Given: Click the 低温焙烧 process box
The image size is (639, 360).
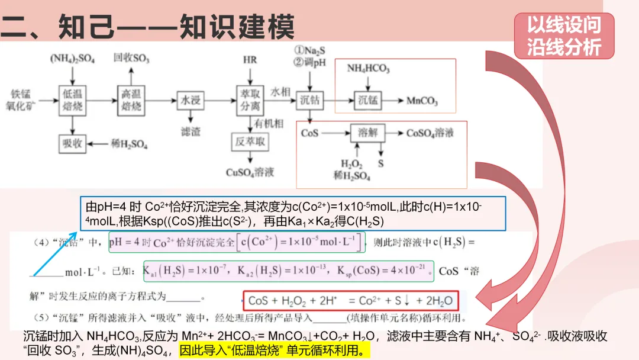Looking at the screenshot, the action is [72, 100].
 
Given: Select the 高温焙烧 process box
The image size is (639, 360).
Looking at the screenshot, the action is [131, 100].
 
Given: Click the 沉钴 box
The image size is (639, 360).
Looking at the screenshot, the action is [309, 100].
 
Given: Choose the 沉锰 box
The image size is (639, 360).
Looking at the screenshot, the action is [368, 101].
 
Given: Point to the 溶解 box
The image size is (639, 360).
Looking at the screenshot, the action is [367, 133].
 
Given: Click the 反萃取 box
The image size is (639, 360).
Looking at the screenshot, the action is [249, 143].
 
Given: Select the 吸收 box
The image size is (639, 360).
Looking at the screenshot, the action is [72, 144].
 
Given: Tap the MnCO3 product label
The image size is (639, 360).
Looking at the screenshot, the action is [422, 101].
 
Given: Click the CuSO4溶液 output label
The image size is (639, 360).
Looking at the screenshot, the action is [250, 172].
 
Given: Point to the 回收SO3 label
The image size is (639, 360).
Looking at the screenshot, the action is [131, 59].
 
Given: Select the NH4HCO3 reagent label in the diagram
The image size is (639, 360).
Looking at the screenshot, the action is [368, 69].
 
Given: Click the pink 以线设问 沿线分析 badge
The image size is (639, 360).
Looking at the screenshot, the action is [564, 36].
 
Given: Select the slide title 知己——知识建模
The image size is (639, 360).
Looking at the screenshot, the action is [148, 27].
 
